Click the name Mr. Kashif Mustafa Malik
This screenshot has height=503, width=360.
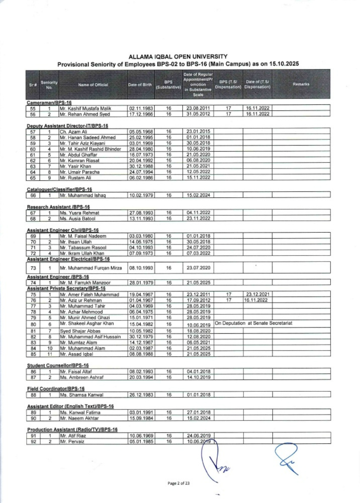(85, 108)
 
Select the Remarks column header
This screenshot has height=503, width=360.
(301, 84)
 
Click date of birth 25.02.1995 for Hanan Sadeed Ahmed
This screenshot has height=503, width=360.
(141, 137)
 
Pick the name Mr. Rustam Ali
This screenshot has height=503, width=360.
(75, 178)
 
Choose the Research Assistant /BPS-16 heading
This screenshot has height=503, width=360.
(58, 207)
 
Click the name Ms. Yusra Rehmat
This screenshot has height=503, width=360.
(79, 213)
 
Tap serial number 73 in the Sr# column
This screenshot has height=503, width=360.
(33, 268)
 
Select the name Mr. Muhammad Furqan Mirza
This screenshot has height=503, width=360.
(91, 268)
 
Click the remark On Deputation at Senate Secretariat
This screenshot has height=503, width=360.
(253, 323)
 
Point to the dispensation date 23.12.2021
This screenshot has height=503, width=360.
(257, 294)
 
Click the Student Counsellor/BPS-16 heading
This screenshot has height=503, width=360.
(58, 366)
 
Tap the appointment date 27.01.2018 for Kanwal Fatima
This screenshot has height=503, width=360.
(198, 412)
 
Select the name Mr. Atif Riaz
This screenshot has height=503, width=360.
(73, 436)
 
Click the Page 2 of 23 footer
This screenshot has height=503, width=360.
(178, 483)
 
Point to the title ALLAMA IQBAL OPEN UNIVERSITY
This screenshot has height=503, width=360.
(178, 57)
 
